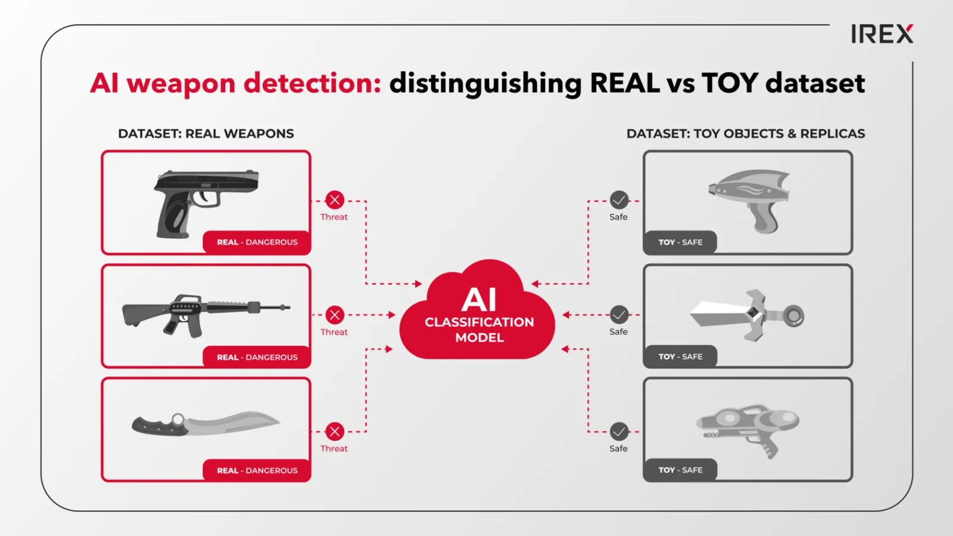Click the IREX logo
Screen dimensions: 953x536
(x=882, y=33)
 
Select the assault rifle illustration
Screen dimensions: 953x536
(x=206, y=315)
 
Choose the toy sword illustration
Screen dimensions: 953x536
(x=747, y=315)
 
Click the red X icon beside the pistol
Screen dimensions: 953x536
(x=335, y=200)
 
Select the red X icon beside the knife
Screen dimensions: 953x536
(x=335, y=432)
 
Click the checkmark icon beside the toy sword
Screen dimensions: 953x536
(x=619, y=315)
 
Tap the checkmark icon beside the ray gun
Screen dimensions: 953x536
(x=619, y=200)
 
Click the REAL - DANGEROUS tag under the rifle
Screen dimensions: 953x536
(x=257, y=357)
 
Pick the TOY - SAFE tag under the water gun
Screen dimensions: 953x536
(x=680, y=470)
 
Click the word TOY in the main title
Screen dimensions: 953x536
(x=730, y=83)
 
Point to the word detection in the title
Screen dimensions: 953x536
(x=312, y=83)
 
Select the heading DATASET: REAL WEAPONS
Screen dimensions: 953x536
(x=206, y=133)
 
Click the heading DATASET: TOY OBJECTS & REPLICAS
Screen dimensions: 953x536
(x=745, y=133)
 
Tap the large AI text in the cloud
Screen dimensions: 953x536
(x=479, y=300)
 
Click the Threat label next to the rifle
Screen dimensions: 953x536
(x=334, y=332)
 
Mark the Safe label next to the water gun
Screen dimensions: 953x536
(x=618, y=449)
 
